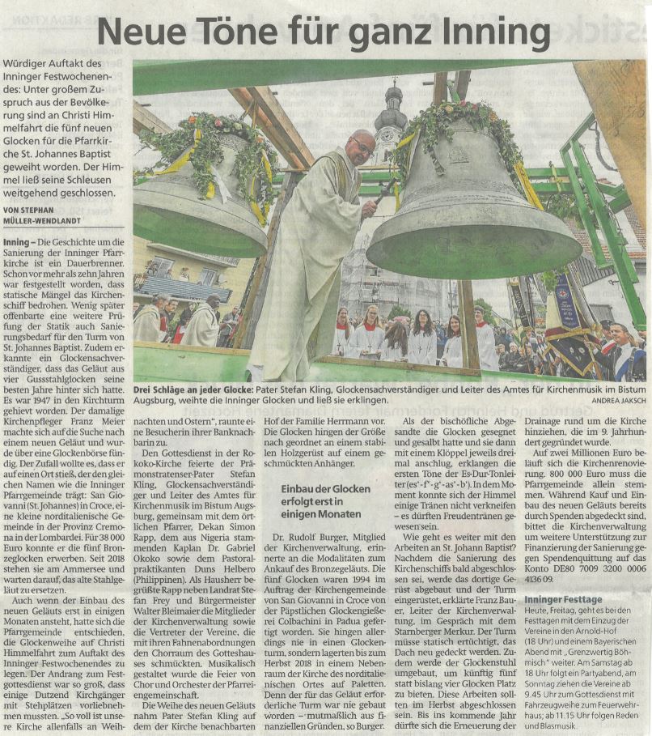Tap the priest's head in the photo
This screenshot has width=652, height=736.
pyautogui.click(x=360, y=147)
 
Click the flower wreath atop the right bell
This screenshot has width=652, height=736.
pyautogui.click(x=457, y=121)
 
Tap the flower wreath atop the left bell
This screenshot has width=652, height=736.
pyautogui.click(x=206, y=138)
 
